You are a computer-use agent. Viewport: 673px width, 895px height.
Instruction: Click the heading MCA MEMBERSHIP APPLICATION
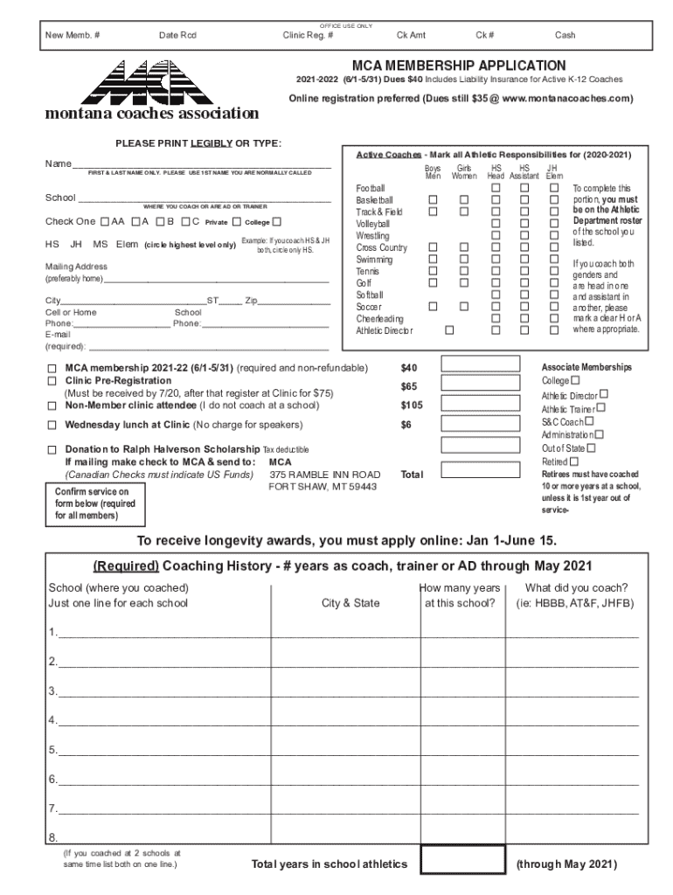[458, 66]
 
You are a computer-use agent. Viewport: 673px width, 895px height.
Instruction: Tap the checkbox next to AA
[106, 221]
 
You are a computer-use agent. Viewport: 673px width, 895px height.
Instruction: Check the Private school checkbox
[236, 221]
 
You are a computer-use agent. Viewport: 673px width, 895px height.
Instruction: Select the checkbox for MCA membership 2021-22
[52, 369]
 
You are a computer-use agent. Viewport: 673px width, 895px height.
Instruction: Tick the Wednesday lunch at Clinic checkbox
[52, 426]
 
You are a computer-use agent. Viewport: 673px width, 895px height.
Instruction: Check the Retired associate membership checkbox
[574, 461]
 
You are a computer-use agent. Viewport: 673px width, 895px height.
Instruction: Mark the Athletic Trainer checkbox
[601, 407]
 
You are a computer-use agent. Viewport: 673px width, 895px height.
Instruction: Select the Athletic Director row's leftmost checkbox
[449, 330]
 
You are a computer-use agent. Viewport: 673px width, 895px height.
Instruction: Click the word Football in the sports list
[371, 189]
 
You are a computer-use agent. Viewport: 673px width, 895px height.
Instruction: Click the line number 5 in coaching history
[53, 750]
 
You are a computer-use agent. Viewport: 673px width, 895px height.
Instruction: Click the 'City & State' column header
[350, 603]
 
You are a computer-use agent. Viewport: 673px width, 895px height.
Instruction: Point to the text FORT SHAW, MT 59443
[323, 487]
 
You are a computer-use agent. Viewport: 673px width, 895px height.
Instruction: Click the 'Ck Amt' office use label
[411, 35]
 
